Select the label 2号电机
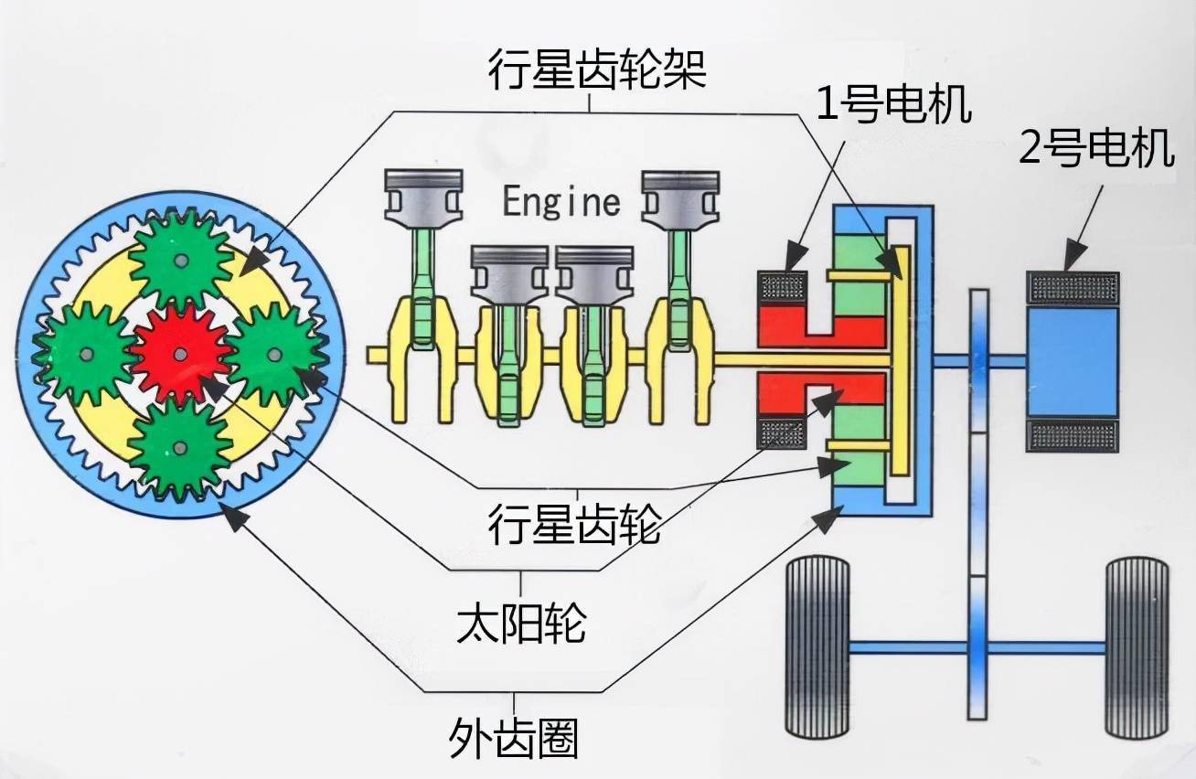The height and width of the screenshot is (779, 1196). [1096, 149]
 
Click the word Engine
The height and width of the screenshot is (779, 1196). [561, 200]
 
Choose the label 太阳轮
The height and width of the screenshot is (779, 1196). [521, 624]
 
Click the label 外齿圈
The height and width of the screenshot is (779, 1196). [515, 736]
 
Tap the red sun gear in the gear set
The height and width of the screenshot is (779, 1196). [179, 354]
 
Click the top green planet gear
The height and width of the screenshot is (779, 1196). [180, 260]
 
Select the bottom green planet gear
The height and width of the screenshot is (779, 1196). [179, 447]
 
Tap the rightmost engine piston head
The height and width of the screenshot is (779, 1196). [678, 194]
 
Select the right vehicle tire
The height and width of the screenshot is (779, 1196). [1137, 647]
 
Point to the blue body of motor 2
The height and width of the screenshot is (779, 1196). [1073, 361]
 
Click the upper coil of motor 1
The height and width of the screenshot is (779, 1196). [782, 286]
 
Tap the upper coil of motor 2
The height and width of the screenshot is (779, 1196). [1073, 287]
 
